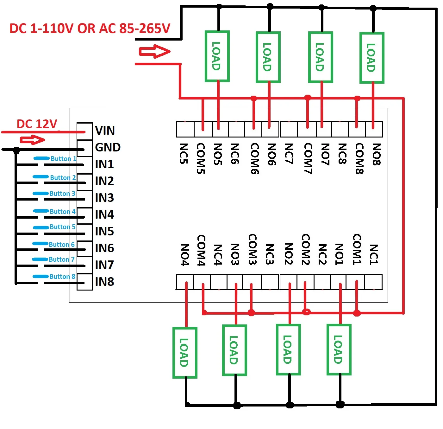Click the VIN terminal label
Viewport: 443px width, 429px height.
105,131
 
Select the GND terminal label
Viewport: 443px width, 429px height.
108,147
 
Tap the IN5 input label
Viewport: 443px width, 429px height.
104,231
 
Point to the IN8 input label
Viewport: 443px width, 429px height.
104,282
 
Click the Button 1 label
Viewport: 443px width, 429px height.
63,159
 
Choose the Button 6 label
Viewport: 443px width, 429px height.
62,245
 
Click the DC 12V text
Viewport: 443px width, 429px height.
37,124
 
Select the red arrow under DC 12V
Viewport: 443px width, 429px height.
33,140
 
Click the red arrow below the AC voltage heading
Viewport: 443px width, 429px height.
155,51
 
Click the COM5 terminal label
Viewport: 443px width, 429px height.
201,158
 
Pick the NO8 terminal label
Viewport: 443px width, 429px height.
376,154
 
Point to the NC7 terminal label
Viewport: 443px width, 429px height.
289,154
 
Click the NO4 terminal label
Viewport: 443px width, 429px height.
185,255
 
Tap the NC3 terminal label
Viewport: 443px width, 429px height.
269,254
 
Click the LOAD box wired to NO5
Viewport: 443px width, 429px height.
217,56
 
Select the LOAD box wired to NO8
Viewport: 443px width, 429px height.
372,58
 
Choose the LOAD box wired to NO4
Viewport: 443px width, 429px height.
185,353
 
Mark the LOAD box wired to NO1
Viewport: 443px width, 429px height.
339,349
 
